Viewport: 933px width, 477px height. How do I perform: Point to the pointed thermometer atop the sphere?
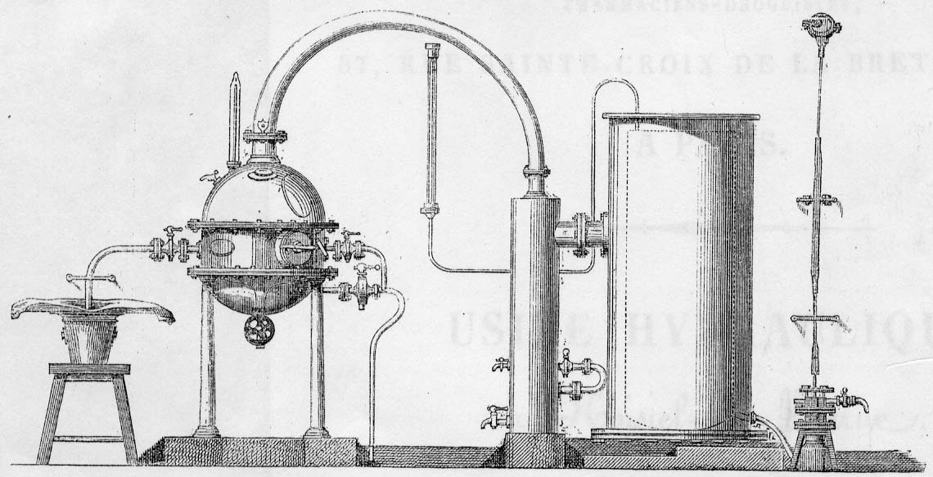tap(236, 115)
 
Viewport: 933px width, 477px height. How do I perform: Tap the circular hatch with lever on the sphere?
tap(294, 246)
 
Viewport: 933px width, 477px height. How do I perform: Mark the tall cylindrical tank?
tap(679, 270)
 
